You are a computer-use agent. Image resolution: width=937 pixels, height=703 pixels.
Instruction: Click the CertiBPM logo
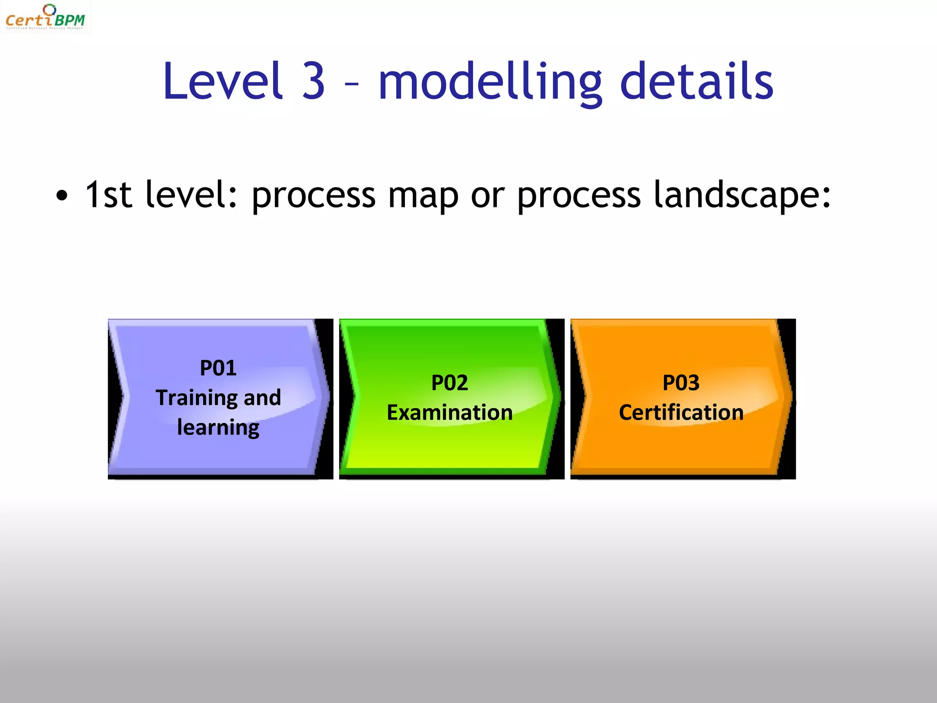[x=45, y=17]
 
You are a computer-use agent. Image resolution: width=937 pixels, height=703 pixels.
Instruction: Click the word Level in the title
[x=223, y=81]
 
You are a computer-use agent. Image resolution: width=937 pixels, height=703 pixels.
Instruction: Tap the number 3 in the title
[x=314, y=81]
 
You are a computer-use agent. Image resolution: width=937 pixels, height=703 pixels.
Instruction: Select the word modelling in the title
[x=490, y=82]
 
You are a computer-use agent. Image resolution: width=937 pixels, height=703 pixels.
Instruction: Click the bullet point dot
[x=61, y=196]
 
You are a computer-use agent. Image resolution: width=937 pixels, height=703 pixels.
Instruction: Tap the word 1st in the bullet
[x=108, y=195]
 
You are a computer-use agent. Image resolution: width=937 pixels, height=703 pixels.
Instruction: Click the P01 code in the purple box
[x=218, y=368]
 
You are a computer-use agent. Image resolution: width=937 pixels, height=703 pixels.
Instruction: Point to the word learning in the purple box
[x=218, y=428]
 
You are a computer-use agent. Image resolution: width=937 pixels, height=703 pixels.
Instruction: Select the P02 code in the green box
[x=450, y=383]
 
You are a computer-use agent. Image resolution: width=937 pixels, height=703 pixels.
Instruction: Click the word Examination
[x=450, y=412]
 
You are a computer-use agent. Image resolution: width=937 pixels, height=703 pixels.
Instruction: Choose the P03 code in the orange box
[x=681, y=383]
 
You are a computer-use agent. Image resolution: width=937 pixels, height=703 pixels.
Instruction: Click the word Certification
[x=681, y=412]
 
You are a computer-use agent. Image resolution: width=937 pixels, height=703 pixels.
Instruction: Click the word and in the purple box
[x=262, y=398]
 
